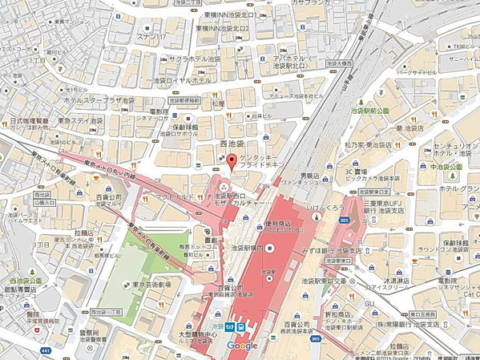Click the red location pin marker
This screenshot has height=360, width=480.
point(232,161)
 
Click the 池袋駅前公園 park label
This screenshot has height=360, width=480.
point(371,111)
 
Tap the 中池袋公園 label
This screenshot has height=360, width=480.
point(446,166)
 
